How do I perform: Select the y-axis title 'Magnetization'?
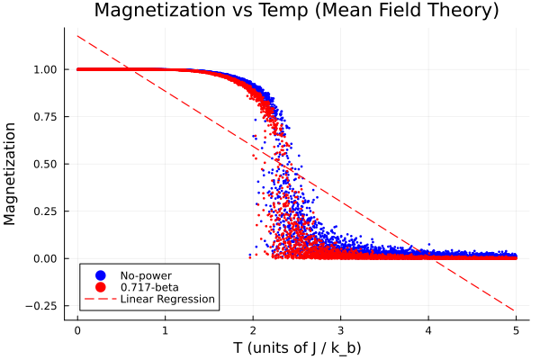[x=13, y=172]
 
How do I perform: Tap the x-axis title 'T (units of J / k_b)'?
[x=296, y=347]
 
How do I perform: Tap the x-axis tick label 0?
[x=77, y=329]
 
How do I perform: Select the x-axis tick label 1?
[x=165, y=329]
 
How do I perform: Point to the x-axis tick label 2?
[x=253, y=329]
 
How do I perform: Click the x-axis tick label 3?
[x=340, y=329]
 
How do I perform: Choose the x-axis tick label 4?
[x=428, y=329]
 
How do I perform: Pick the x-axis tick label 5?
[x=516, y=329]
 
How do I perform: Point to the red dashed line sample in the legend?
[x=99, y=298]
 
